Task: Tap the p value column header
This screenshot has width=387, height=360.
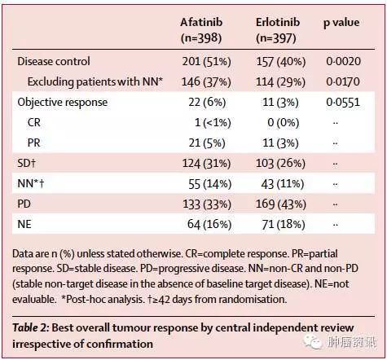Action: coord(341,23)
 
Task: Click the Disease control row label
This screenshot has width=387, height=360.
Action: coord(54,61)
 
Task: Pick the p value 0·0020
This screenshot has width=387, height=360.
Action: coord(343,61)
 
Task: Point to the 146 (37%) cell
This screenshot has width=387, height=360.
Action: coord(206,82)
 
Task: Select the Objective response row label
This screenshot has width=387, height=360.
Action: coord(63,103)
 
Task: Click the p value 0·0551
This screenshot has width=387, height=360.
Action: coord(343,103)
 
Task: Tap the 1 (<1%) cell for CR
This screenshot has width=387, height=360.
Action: coord(213,123)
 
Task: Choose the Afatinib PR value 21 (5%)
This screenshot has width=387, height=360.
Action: coord(207,143)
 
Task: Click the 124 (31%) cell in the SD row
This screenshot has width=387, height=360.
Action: coord(206,164)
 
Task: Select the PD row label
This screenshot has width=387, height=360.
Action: coord(24,204)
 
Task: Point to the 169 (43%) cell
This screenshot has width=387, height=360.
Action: coord(281,204)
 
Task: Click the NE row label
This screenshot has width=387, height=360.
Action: coord(24,225)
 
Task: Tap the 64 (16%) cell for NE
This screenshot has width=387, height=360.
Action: coord(209,225)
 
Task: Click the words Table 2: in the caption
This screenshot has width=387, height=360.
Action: coord(31,328)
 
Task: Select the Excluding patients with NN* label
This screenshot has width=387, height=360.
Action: coord(95,82)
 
